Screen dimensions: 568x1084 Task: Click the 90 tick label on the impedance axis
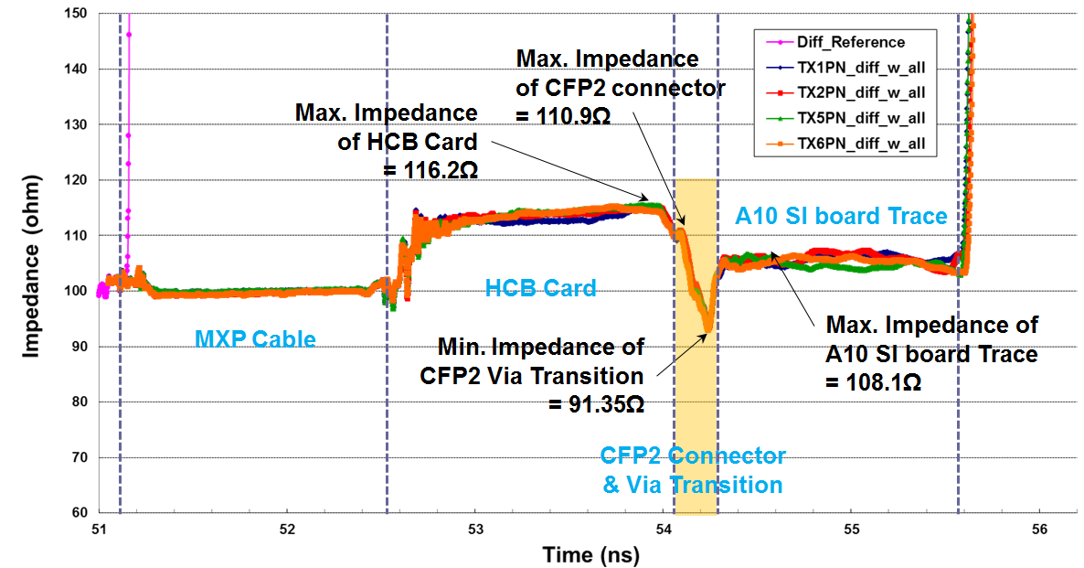(79, 347)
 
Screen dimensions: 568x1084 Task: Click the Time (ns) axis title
(590, 554)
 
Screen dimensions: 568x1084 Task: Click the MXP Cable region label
(255, 339)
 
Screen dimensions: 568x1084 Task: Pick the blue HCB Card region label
(540, 288)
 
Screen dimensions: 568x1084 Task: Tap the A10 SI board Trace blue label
(842, 215)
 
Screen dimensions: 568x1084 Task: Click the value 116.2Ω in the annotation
(430, 171)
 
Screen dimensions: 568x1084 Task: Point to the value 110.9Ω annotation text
(563, 117)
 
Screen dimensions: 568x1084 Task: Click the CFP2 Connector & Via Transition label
(693, 470)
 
